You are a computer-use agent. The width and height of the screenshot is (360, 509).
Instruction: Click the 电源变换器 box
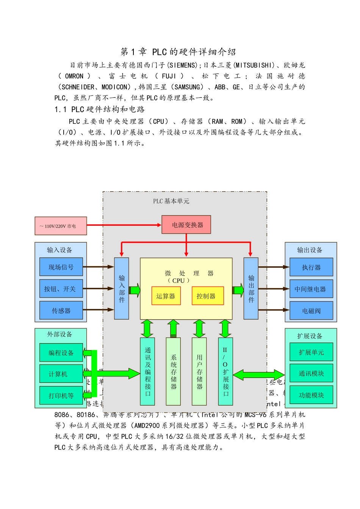(x=186, y=225)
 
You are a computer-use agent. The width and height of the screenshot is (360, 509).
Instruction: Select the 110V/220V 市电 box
(x=61, y=226)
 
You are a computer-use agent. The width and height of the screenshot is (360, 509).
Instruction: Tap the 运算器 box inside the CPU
(x=166, y=296)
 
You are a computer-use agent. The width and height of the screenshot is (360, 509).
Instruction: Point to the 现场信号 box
(x=61, y=267)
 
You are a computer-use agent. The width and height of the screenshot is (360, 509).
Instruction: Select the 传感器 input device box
(x=61, y=311)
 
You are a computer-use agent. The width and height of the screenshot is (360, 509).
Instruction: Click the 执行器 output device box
(x=311, y=267)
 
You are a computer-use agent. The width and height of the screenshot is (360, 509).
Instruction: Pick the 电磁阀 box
(x=311, y=311)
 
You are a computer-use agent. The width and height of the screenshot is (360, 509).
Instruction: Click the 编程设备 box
(x=61, y=353)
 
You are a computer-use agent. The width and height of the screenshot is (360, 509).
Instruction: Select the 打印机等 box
(x=61, y=395)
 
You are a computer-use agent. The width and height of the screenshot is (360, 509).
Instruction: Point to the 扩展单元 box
(x=311, y=352)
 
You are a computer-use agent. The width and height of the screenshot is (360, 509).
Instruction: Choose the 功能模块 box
(x=311, y=395)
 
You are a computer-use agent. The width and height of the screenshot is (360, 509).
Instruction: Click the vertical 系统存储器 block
(x=173, y=371)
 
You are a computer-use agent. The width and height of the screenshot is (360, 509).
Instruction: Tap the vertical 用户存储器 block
(x=199, y=371)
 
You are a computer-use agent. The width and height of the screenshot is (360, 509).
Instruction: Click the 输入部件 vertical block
(x=122, y=289)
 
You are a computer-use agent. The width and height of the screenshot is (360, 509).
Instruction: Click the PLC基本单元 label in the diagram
(x=171, y=201)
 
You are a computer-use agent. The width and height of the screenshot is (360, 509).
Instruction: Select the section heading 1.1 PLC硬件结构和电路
(x=100, y=109)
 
